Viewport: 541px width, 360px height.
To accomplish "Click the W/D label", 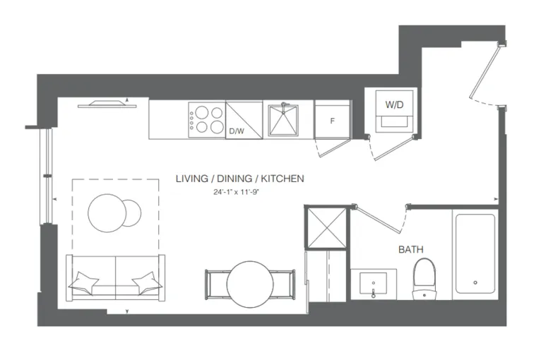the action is click(x=394, y=105).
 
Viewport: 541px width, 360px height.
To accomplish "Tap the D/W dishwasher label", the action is click(x=237, y=131).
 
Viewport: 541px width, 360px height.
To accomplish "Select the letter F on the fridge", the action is click(x=332, y=121).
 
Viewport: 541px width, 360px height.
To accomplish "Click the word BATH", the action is click(x=411, y=249).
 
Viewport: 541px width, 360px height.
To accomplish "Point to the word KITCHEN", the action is click(x=283, y=179).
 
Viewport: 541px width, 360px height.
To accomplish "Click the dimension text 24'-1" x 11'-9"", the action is click(x=236, y=193).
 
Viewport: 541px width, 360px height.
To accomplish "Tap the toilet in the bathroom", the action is click(x=424, y=279).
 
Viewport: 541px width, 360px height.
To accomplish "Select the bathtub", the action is click(x=475, y=253).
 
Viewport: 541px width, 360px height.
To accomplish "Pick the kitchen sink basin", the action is click(x=283, y=120).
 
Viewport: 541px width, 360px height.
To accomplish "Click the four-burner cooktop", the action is click(x=207, y=120).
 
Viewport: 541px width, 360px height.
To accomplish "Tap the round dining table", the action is click(x=250, y=284).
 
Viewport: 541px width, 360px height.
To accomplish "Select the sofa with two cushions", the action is click(x=116, y=278).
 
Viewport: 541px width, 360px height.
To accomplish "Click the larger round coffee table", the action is click(x=106, y=213).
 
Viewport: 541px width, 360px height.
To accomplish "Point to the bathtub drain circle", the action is click(x=475, y=283).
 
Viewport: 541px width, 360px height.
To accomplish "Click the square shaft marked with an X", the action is click(x=326, y=227).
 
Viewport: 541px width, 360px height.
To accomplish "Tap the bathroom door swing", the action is click(x=379, y=219).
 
